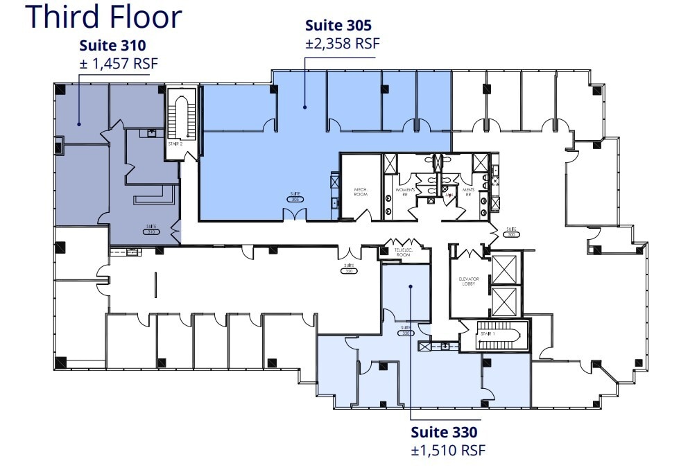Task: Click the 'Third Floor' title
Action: coord(104,17)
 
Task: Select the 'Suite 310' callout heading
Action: coord(112,46)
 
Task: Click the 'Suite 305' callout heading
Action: coord(338,26)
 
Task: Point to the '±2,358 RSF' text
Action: coord(343,43)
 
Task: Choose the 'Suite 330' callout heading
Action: coord(444,432)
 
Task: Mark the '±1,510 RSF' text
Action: coord(448,450)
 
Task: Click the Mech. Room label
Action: coord(361,191)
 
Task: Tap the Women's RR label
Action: coord(405,191)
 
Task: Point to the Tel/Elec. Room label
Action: coord(403,252)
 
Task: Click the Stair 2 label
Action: coord(176,143)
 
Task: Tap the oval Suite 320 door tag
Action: coord(348,270)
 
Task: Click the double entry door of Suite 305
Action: coord(295,214)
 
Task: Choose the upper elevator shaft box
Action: coord(504,269)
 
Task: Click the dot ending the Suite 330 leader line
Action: coord(411,286)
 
